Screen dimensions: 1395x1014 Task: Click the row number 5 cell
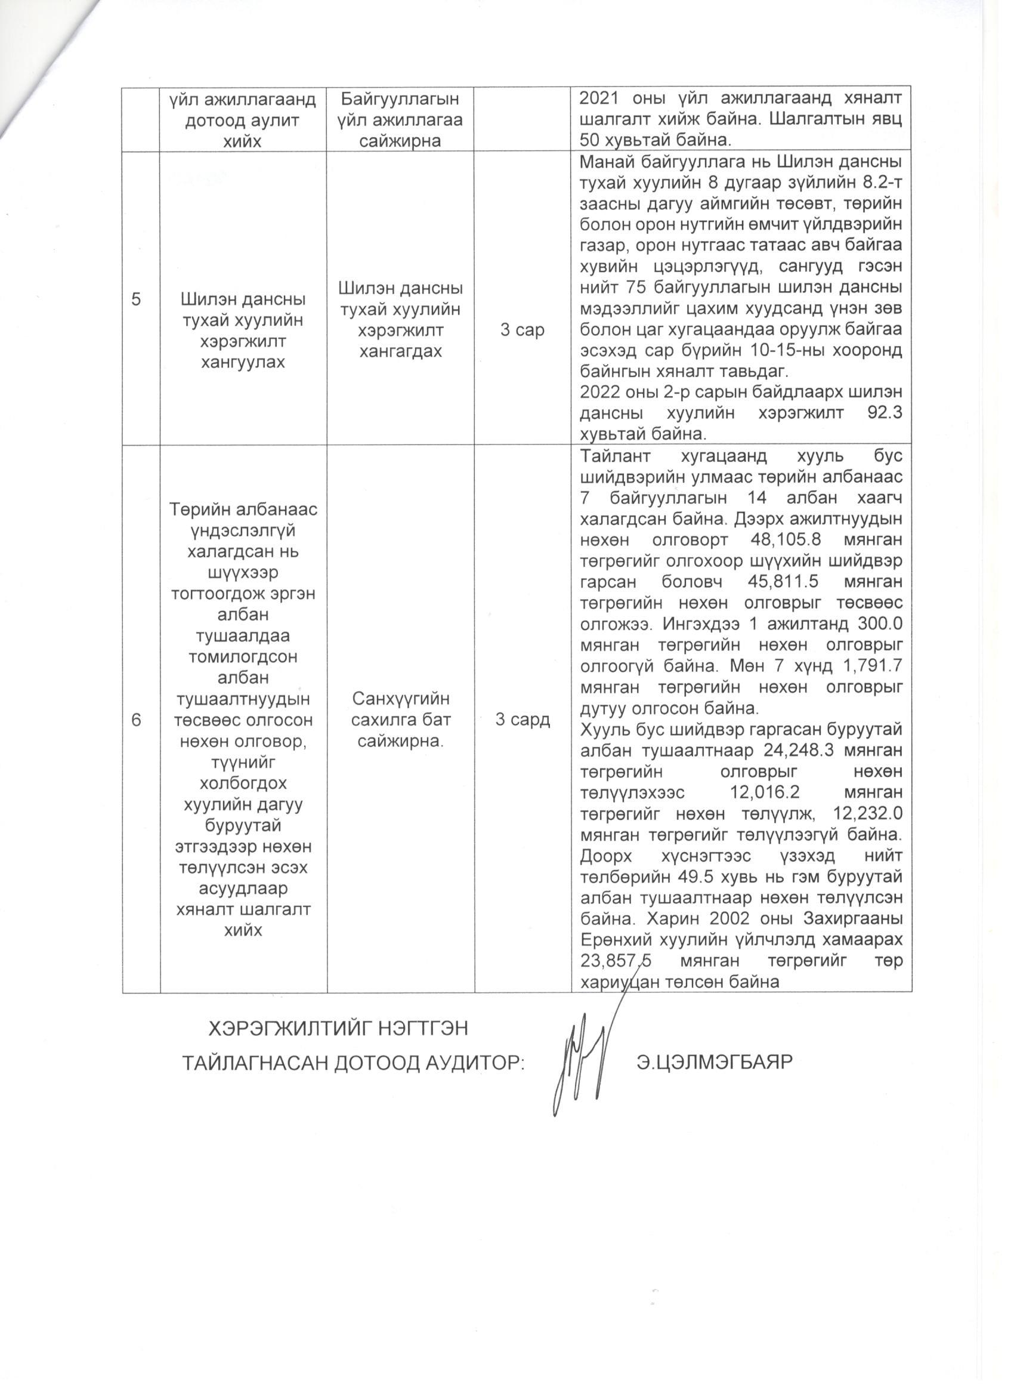tap(136, 300)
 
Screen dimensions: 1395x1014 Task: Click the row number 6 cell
tap(136, 720)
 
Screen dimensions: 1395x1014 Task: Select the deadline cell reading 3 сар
tap(522, 331)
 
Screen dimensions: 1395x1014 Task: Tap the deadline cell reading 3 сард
tap(523, 720)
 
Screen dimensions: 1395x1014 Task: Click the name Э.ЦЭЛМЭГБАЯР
tap(713, 1061)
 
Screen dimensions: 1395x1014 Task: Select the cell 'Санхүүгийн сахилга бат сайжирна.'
tap(400, 720)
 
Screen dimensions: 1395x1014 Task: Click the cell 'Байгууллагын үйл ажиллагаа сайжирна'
tap(400, 119)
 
